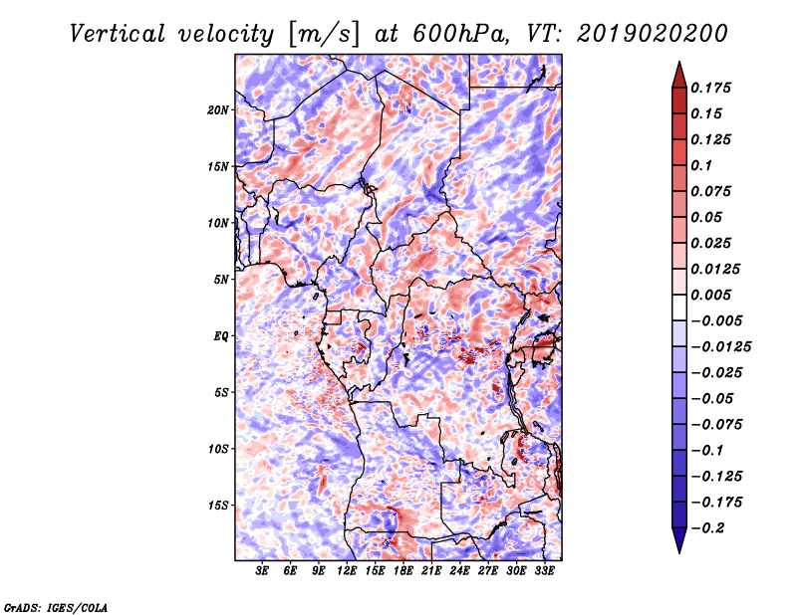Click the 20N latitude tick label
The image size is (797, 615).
point(218,110)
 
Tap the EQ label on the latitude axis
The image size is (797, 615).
point(221,336)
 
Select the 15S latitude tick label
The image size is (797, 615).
point(218,506)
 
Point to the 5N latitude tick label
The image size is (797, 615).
point(221,280)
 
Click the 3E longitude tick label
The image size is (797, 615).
point(262,571)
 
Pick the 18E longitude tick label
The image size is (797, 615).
point(403,571)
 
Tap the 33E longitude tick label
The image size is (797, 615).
point(544,571)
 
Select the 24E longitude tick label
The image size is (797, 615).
point(459,571)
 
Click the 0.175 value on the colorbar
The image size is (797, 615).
point(710,88)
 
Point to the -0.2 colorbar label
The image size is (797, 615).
point(707,528)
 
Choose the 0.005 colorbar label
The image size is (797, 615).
point(710,295)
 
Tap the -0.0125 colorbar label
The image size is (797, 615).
point(720,347)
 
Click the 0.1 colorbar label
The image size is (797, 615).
point(701,165)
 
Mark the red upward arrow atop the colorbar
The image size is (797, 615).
point(679,76)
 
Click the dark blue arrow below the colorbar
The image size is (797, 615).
point(679,540)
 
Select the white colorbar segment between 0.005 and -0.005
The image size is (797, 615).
point(679,307)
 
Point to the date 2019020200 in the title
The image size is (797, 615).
point(653,34)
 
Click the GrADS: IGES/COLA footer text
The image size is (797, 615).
point(56,607)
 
